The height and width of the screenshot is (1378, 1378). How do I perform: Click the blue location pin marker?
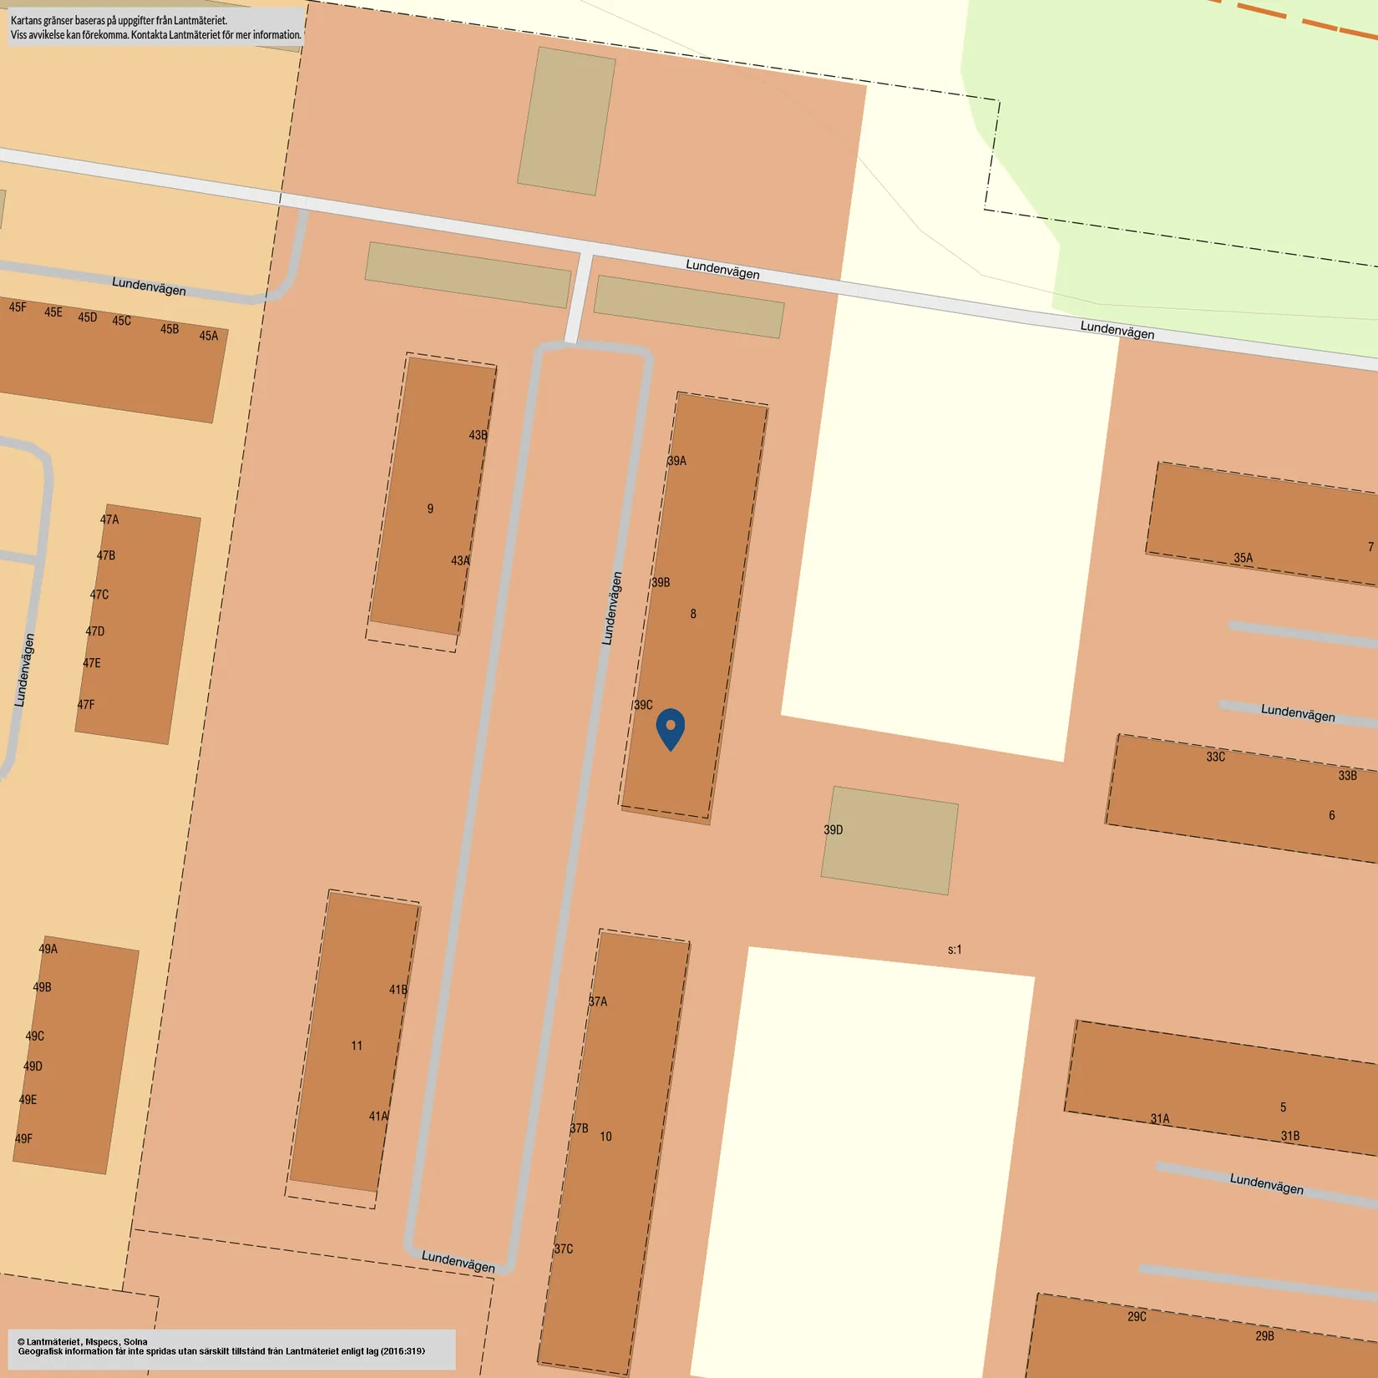(671, 727)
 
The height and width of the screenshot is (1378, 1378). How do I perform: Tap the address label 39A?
(676, 461)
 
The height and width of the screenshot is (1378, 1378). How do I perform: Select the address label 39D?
(833, 830)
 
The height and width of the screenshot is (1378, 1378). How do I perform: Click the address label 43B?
(478, 435)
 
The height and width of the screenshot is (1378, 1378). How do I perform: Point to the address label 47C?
(99, 595)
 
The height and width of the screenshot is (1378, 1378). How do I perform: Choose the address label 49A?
(48, 949)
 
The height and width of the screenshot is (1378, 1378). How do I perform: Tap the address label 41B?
(398, 990)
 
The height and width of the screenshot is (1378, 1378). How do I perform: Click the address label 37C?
(564, 1249)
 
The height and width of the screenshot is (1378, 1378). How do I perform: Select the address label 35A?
(1243, 558)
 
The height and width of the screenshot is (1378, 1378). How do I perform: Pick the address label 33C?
(1215, 757)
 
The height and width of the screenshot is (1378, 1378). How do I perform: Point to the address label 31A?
(1160, 1119)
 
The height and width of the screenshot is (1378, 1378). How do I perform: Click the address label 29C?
(1137, 1317)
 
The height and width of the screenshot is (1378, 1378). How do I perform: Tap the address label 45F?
(18, 307)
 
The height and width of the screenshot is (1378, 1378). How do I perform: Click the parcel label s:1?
(955, 950)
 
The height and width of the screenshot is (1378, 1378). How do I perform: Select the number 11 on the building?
(357, 1046)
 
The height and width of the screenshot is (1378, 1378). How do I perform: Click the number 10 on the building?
(605, 1137)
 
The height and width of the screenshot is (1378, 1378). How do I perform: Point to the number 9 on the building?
(430, 509)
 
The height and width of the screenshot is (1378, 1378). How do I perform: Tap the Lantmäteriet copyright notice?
(221, 1346)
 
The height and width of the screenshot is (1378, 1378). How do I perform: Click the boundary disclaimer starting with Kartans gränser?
(155, 28)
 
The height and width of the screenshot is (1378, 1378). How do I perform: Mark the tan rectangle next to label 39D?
(889, 840)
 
